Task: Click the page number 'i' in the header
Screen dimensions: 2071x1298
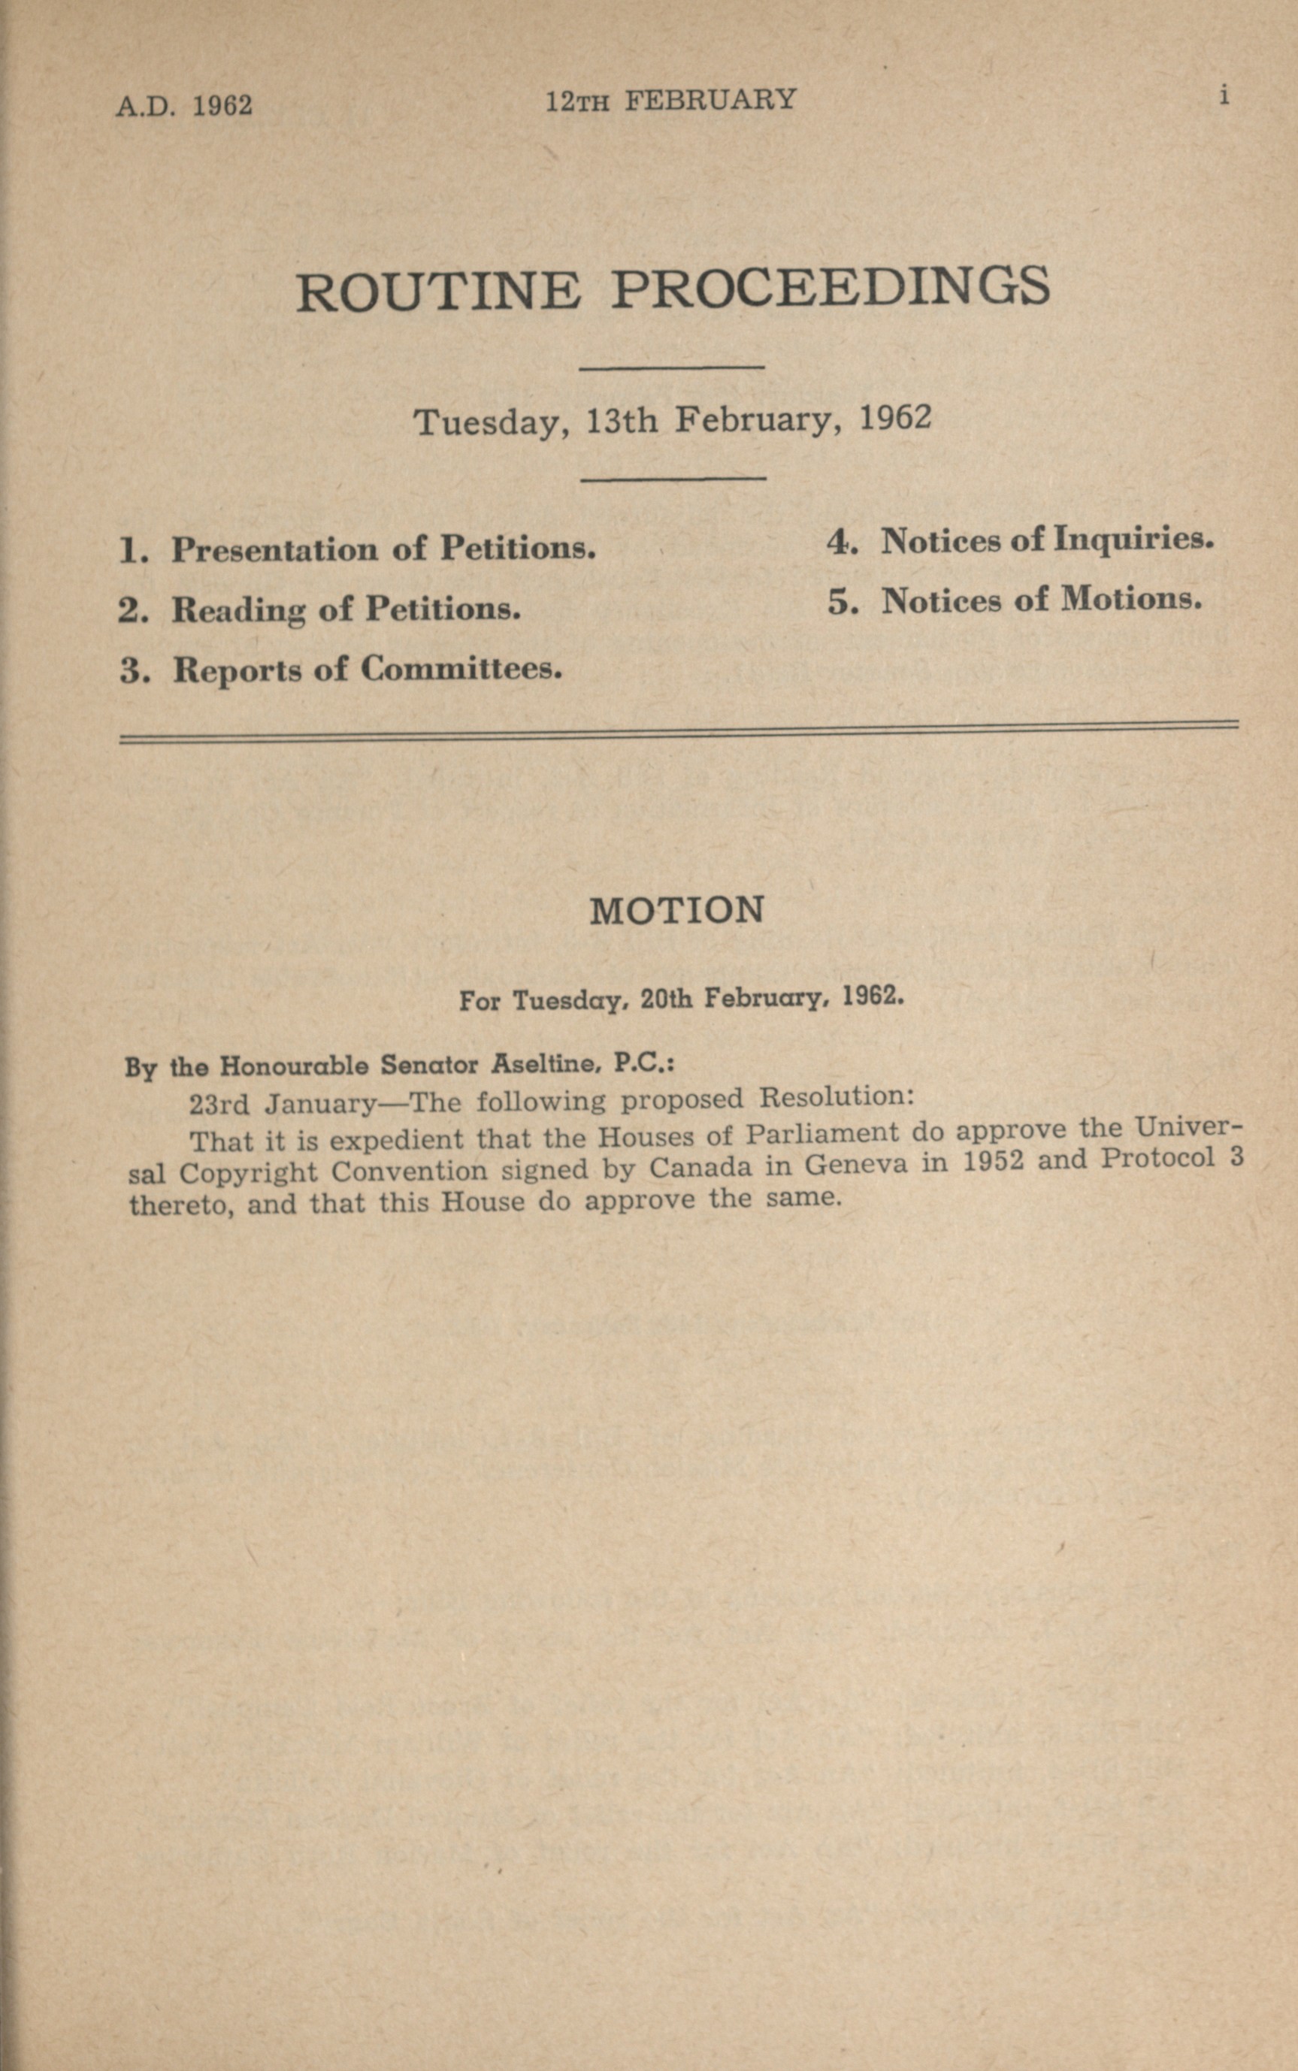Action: click(x=1224, y=95)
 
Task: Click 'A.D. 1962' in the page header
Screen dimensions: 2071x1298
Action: click(x=183, y=105)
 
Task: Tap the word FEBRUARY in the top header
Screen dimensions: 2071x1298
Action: click(x=710, y=101)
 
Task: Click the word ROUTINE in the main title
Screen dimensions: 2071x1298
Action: click(x=438, y=291)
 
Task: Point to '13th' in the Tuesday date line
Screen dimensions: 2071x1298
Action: click(x=622, y=421)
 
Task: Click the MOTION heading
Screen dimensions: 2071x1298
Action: click(x=676, y=910)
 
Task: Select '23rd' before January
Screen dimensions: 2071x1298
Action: click(x=218, y=1103)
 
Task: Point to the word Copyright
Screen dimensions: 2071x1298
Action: click(x=248, y=1172)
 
